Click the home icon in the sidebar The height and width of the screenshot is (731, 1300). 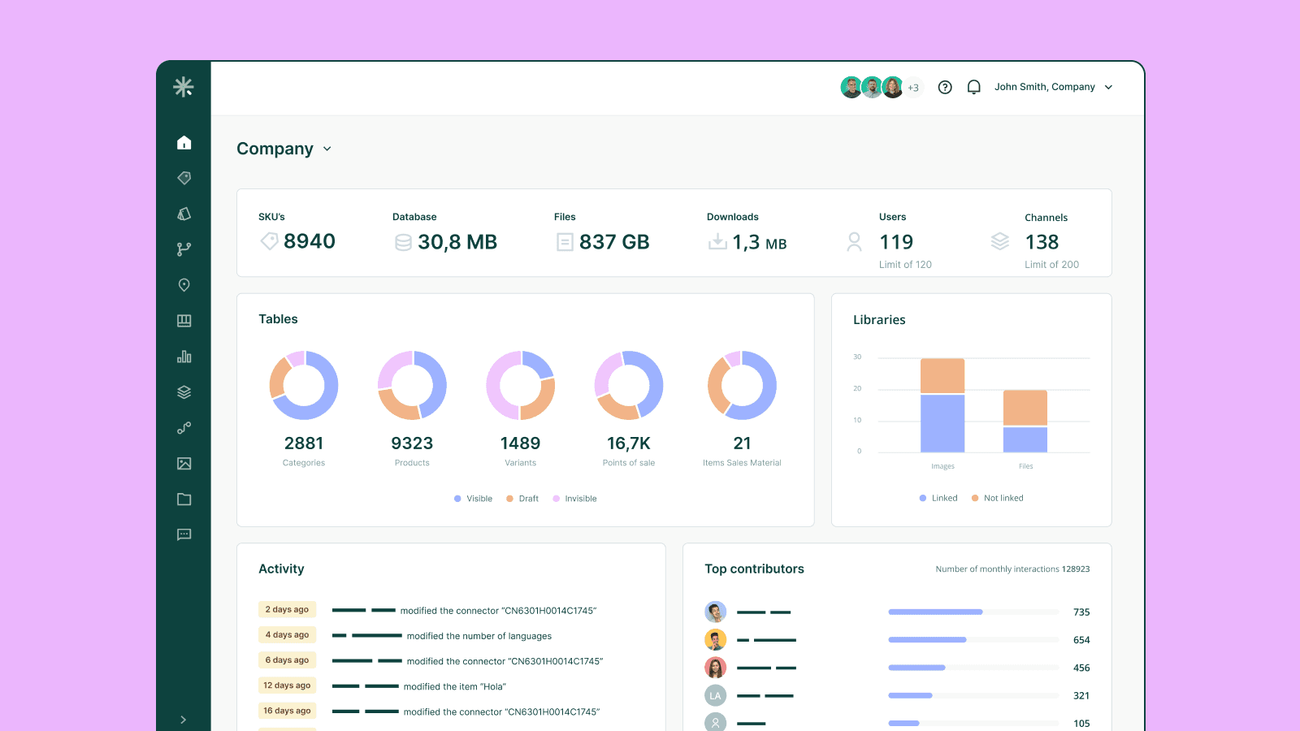(x=184, y=143)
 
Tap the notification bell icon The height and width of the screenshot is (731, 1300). (x=973, y=87)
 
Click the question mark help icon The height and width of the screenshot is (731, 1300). (x=945, y=87)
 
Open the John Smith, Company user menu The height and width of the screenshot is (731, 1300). (x=1053, y=87)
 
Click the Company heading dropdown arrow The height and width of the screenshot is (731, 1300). (x=327, y=149)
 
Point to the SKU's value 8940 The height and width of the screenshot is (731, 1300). (x=309, y=241)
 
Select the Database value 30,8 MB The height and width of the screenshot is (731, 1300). (x=457, y=242)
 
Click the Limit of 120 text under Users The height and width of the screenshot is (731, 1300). (x=905, y=265)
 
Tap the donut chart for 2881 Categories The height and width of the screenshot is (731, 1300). (x=304, y=385)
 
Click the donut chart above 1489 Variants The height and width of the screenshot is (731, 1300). (x=520, y=385)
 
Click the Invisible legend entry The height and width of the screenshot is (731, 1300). (x=580, y=499)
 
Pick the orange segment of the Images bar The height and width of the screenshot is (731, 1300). (x=942, y=376)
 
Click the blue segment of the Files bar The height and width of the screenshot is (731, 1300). (x=1025, y=439)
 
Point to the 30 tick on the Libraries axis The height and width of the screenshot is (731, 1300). (x=857, y=357)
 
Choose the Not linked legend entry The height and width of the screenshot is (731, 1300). (x=1003, y=498)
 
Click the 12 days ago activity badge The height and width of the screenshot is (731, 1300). (x=287, y=686)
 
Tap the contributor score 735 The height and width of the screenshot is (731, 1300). (x=1081, y=612)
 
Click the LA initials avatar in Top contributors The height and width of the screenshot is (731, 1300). (x=715, y=695)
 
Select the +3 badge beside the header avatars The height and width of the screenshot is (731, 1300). (x=913, y=88)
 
